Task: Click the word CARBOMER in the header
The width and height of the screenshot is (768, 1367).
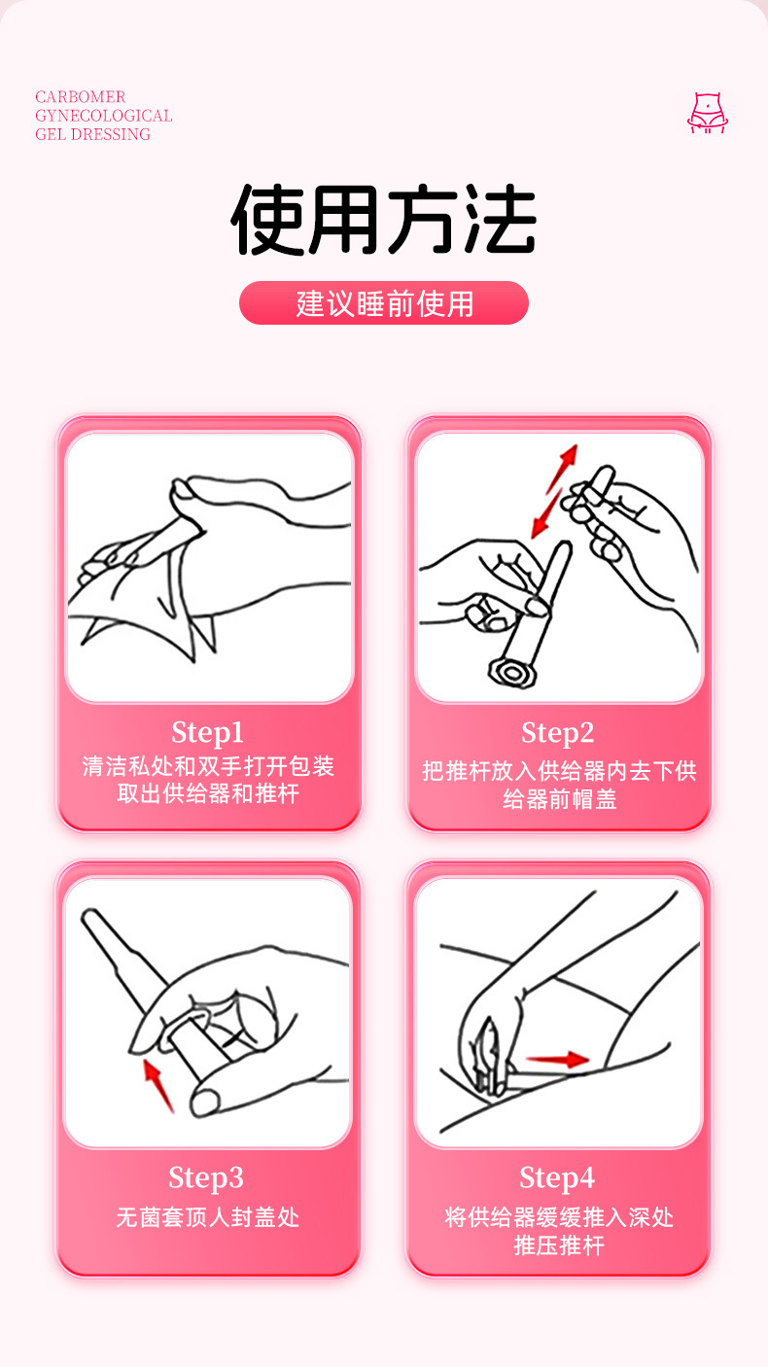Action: [x=81, y=97]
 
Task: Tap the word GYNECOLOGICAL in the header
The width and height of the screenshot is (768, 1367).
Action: [x=103, y=116]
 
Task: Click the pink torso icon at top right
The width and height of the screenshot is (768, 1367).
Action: [x=708, y=113]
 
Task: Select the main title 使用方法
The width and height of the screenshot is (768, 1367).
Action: [x=384, y=221]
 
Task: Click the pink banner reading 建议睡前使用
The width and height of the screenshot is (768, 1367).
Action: [x=384, y=303]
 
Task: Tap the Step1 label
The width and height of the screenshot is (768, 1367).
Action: [x=208, y=731]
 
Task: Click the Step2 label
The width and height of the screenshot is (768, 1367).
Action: [x=557, y=732]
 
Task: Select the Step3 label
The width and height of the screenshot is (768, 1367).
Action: [x=206, y=1177]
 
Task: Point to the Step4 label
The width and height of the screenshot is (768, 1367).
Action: [x=557, y=1177]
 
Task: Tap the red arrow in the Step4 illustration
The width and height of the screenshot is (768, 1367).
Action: [x=557, y=1059]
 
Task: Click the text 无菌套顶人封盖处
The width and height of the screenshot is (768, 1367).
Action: [x=207, y=1216]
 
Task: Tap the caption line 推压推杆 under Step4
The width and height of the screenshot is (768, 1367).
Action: [x=559, y=1245]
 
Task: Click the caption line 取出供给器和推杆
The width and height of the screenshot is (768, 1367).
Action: [x=208, y=794]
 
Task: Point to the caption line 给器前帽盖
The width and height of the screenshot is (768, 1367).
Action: [x=559, y=800]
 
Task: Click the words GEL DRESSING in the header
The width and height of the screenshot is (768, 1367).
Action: [x=92, y=134]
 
